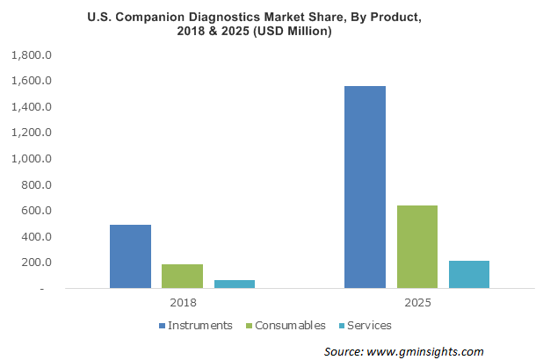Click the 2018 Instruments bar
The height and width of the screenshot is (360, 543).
click(130, 256)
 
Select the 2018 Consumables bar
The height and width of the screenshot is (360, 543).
click(182, 276)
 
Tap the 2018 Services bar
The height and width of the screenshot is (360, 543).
click(234, 284)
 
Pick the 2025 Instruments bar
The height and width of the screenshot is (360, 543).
click(365, 187)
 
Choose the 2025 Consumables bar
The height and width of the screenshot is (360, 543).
click(416, 247)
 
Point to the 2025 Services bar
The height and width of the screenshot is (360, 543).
click(468, 274)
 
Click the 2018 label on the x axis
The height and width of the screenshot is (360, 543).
click(182, 304)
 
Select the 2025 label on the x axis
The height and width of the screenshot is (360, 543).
click(416, 304)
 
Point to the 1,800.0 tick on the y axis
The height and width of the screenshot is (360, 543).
click(33, 55)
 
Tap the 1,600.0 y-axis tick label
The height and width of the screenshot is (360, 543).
click(33, 82)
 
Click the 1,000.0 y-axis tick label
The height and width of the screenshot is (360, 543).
click(33, 159)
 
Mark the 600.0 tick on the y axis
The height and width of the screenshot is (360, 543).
click(38, 211)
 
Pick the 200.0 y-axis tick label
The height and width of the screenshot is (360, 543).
click(38, 263)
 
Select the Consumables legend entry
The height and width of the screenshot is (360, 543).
click(289, 325)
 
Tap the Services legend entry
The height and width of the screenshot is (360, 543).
click(368, 325)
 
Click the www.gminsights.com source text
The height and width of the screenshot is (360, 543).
click(433, 350)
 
